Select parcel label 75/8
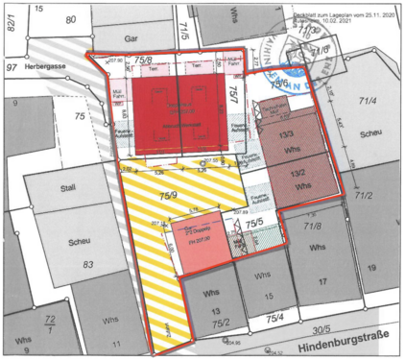143,60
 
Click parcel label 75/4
276,316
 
